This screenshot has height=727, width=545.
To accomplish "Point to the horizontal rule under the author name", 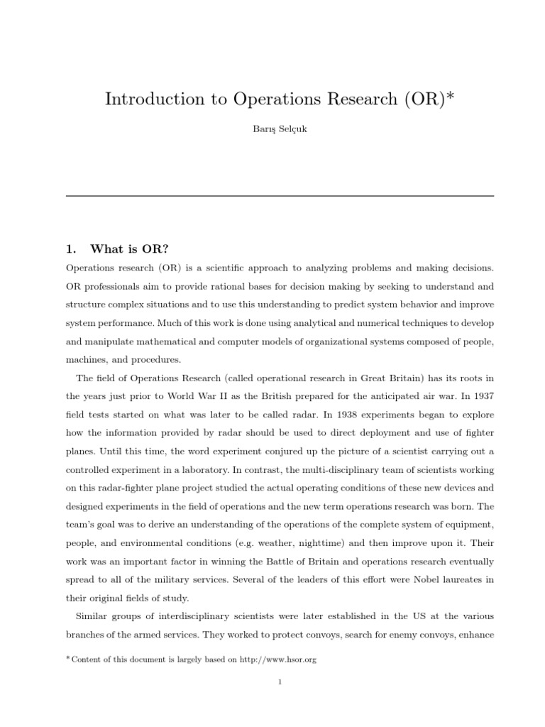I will (x=280, y=195).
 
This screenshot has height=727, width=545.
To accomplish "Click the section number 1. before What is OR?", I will (x=70, y=248).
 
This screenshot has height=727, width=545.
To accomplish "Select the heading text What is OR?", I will (x=130, y=248).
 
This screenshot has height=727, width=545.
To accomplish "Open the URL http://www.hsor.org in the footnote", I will (x=277, y=660).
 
